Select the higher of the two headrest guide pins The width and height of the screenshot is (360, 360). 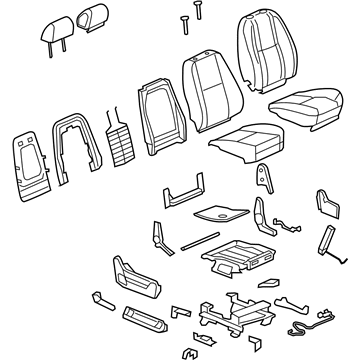point(189,8)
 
